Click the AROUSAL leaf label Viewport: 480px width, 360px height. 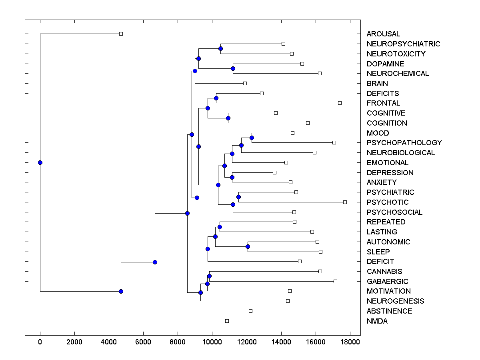click(383, 34)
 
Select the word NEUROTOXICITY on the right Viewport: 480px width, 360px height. click(396, 54)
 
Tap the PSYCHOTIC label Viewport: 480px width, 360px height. click(388, 202)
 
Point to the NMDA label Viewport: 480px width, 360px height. click(377, 321)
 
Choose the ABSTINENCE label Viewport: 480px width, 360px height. click(389, 311)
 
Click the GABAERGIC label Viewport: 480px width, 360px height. click(387, 282)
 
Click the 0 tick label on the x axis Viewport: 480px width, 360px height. click(40, 342)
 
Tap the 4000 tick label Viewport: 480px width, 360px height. click(109, 342)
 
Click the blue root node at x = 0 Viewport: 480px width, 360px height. click(40, 162)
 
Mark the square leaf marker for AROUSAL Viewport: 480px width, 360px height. click(121, 34)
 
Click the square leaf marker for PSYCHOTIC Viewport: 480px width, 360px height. click(345, 202)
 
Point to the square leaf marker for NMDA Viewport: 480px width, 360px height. click(227, 321)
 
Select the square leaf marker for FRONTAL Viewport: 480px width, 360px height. click(340, 103)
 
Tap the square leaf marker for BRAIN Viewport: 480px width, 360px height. click(245, 83)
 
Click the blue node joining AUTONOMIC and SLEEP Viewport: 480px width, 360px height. click(248, 246)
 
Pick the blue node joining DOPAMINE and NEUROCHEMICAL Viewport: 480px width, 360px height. click(233, 68)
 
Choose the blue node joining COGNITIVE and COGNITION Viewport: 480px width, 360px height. click(228, 118)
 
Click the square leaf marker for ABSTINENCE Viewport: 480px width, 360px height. click(250, 311)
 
